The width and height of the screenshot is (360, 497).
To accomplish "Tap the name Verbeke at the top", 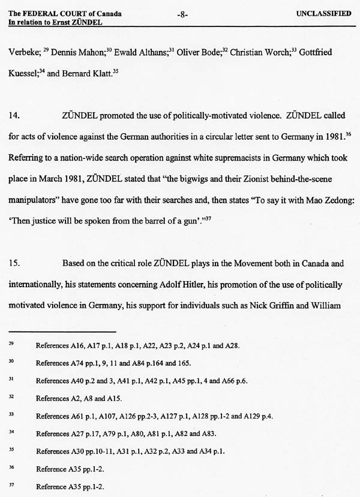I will pos(24,53).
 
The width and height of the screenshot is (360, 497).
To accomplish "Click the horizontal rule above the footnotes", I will pos(63,330).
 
